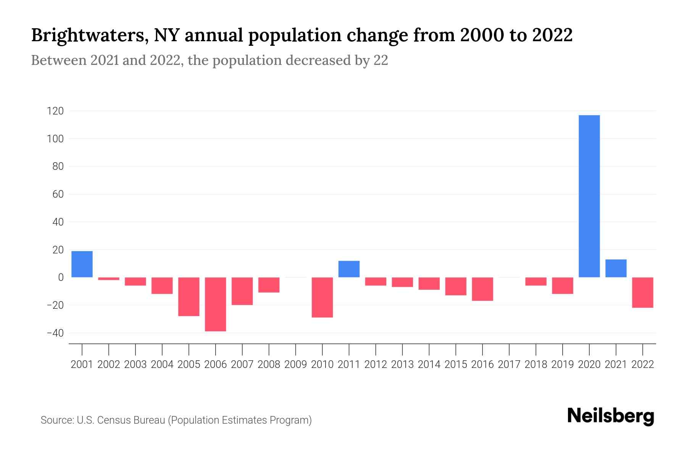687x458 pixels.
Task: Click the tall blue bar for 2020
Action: pyautogui.click(x=589, y=196)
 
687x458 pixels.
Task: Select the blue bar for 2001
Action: pyautogui.click(x=82, y=264)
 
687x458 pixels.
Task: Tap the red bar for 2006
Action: pyautogui.click(x=215, y=304)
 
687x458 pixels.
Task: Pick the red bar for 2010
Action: pyautogui.click(x=322, y=297)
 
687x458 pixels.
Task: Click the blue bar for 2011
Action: pyautogui.click(x=349, y=269)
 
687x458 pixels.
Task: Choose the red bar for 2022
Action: pyautogui.click(x=642, y=292)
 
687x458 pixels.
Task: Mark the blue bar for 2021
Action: pyautogui.click(x=616, y=268)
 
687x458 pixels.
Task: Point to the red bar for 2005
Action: pyautogui.click(x=189, y=297)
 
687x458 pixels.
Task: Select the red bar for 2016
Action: pyautogui.click(x=482, y=289)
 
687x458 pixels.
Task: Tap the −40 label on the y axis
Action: pyautogui.click(x=55, y=333)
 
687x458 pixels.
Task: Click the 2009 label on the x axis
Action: pyautogui.click(x=295, y=364)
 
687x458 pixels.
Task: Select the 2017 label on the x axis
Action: pyautogui.click(x=509, y=364)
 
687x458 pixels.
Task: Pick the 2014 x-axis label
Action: pyautogui.click(x=429, y=364)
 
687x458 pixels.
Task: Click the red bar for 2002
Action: pyautogui.click(x=109, y=279)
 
